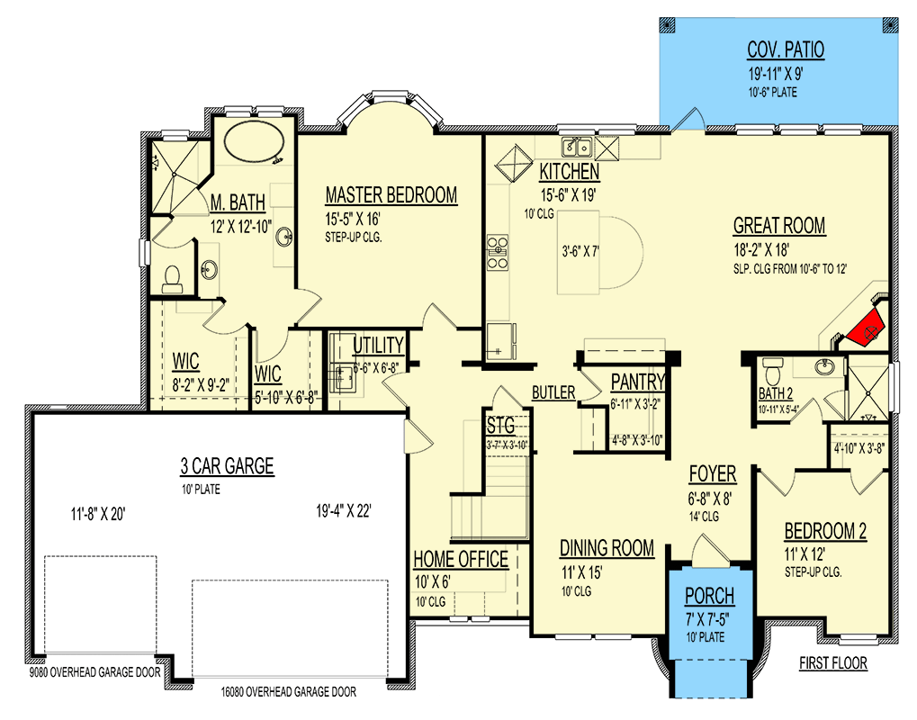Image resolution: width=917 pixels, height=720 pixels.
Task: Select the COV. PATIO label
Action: coord(786,50)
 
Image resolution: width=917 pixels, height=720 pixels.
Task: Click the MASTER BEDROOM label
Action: coord(391,195)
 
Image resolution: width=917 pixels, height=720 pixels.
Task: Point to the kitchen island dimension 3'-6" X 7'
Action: coord(580,251)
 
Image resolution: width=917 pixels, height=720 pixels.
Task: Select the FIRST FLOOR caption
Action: coord(832,663)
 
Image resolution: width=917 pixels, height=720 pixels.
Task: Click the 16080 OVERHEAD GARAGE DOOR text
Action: coord(288,692)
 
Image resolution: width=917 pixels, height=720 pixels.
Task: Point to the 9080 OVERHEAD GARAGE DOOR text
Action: coord(94,672)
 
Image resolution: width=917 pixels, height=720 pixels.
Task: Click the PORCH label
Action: coord(709,596)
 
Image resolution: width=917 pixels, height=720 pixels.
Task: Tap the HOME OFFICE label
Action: coord(461,559)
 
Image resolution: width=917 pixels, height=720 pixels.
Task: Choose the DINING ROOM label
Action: coord(607,548)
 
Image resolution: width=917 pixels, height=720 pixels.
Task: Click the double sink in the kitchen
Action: coord(577,147)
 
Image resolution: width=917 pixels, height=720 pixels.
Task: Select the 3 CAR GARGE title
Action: coord(227,466)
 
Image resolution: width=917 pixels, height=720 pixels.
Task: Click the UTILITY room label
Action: coord(378,346)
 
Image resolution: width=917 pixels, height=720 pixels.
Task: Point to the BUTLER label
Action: coord(553,392)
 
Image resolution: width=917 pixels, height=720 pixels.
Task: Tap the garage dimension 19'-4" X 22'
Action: coord(344,511)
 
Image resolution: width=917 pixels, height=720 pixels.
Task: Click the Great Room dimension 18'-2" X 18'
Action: coord(761,249)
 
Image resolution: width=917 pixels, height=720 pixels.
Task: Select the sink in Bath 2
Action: coord(824,367)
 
